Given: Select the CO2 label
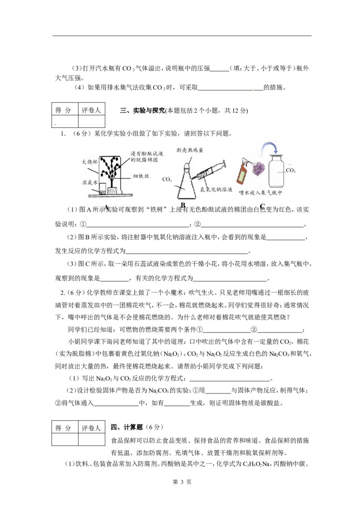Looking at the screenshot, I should pyautogui.click(x=290, y=171).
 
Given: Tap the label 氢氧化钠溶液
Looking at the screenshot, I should pyautogui.click(x=217, y=188).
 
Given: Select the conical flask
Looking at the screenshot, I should pyautogui.click(x=187, y=184).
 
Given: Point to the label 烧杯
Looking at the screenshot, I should pyautogui.click(x=91, y=162).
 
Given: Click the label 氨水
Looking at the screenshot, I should pyautogui.click(x=90, y=182).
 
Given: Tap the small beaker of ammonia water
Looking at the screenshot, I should pyautogui.click(x=102, y=189).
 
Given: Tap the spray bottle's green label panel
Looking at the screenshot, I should pyautogui.click(x=242, y=177).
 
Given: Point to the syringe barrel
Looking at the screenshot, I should pyautogui.click(x=207, y=172).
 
